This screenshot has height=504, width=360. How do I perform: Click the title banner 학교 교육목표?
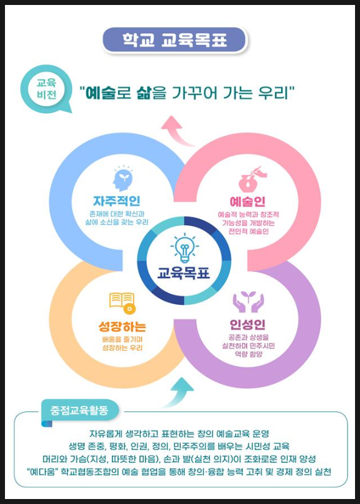174,40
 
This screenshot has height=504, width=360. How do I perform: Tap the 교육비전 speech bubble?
45,89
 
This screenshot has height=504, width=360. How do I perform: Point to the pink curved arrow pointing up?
179,132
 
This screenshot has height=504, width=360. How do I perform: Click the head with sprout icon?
122,179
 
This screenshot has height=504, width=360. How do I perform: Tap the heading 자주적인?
116,201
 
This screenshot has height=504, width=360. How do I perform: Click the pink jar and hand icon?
252,179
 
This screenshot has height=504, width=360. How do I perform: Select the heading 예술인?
247,202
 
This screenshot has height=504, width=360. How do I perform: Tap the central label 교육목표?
183,273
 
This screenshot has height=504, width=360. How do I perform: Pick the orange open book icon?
122,303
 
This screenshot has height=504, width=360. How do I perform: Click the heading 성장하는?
122,327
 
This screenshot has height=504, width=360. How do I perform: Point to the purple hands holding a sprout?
248,302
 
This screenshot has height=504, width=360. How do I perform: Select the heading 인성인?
247,325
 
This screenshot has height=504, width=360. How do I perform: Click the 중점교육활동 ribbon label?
79,411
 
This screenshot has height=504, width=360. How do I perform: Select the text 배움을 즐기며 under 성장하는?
122,340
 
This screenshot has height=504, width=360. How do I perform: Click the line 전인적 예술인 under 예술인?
249,231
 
